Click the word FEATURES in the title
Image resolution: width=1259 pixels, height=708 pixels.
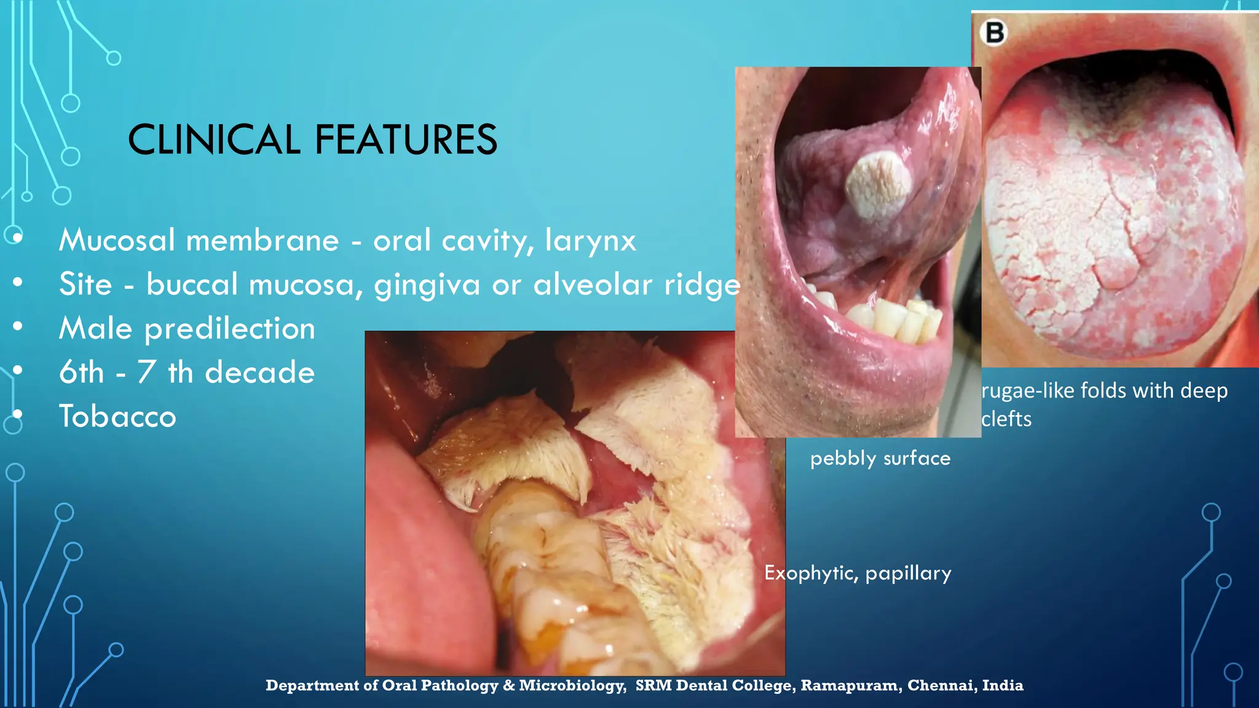406,140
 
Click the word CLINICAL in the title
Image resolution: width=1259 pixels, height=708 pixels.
214,140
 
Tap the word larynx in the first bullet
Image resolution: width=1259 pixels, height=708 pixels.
590,241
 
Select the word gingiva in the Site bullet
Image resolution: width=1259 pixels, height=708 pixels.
427,285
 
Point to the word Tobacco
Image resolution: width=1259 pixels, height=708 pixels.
117,417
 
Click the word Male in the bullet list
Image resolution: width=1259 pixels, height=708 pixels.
95,328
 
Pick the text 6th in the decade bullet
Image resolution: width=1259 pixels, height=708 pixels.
81,372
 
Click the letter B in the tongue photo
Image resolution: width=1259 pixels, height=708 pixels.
995,33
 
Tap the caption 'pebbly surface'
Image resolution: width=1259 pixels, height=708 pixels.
880,458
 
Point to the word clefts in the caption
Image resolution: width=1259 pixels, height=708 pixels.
1006,419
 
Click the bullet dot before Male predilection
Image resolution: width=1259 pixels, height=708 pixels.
18,326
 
